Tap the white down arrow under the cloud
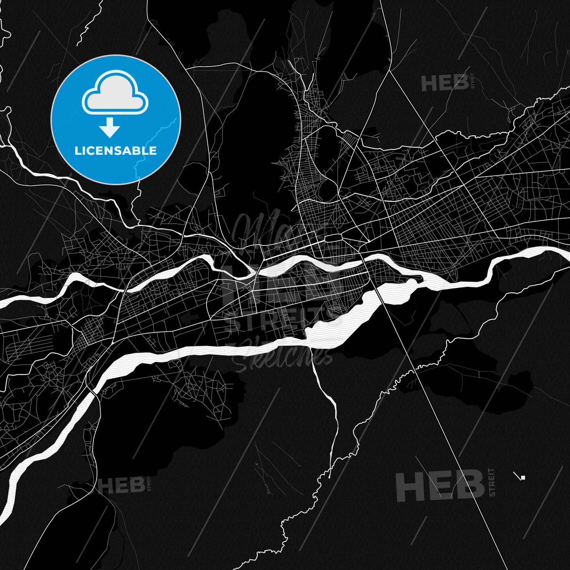coord(110,128)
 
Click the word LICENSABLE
coord(116,150)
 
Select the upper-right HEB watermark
coord(445,83)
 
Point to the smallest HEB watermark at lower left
coord(121,484)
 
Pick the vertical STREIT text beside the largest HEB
coord(492,482)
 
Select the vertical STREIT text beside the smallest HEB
coord(149,484)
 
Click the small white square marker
coord(523,478)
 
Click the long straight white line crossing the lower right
coord(455,455)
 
